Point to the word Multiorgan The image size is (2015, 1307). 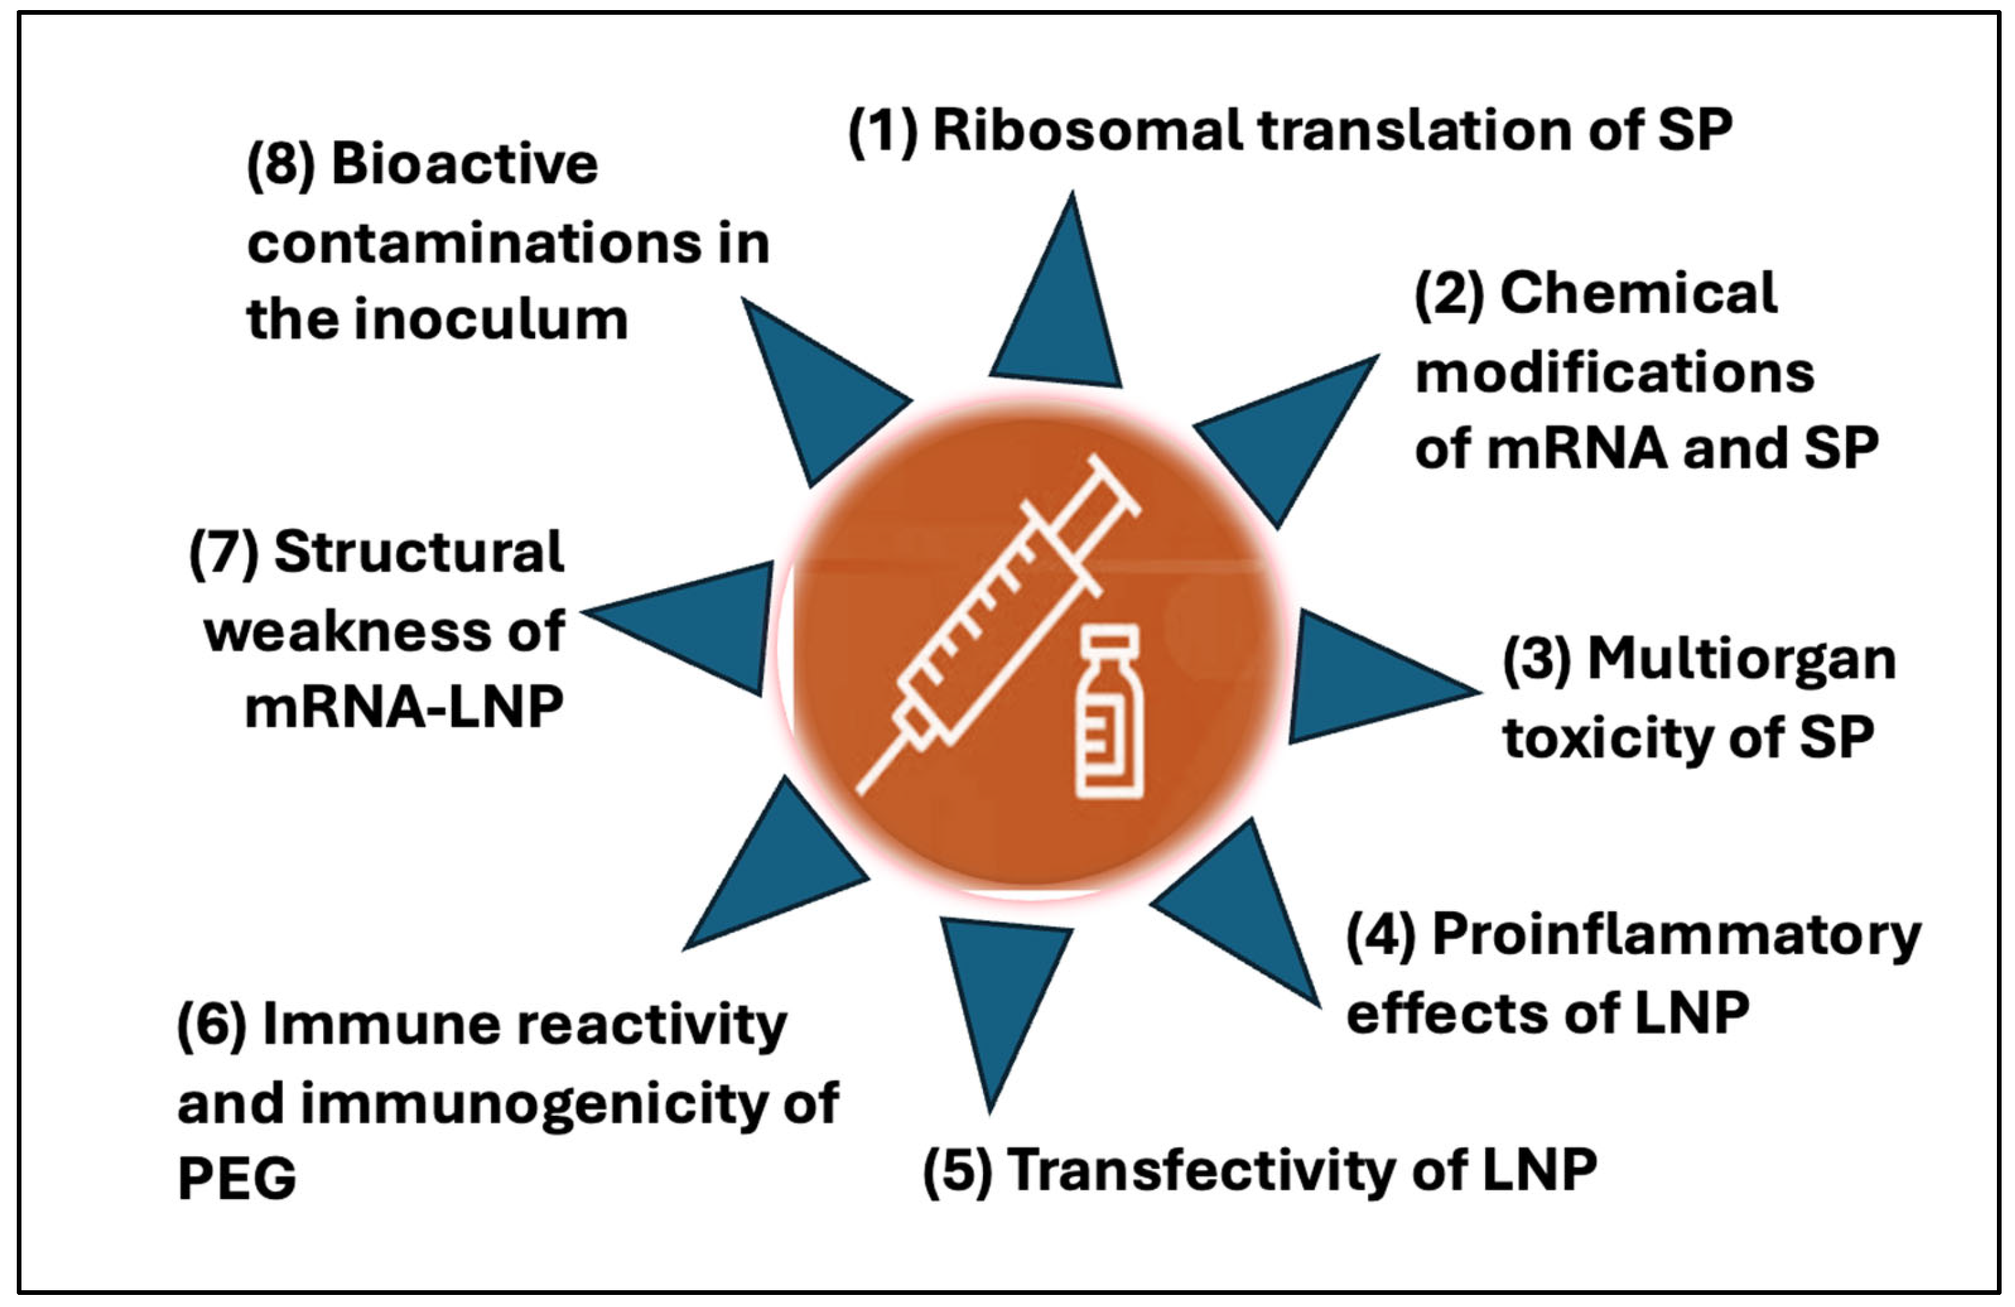click(x=1741, y=659)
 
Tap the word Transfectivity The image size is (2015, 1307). click(x=1203, y=1171)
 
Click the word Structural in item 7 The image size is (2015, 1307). click(x=419, y=552)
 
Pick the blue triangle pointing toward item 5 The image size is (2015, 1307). click(x=1003, y=990)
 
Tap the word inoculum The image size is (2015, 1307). click(x=490, y=320)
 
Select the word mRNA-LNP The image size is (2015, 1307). click(x=404, y=707)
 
